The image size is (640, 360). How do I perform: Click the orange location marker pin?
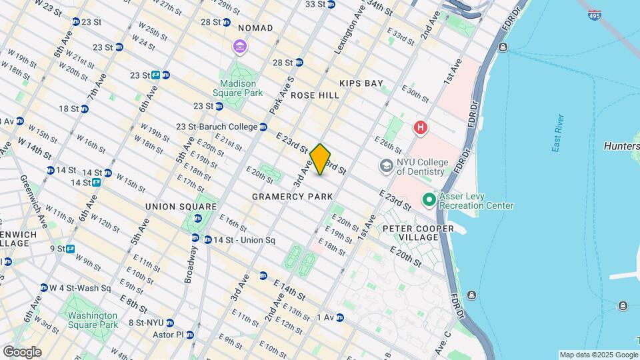(x=320, y=159)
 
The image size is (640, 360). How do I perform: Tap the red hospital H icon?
(x=421, y=127)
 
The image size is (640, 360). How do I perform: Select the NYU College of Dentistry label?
(x=420, y=166)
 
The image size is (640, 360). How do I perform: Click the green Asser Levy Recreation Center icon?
(x=429, y=199)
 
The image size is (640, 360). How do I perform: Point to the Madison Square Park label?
(x=239, y=89)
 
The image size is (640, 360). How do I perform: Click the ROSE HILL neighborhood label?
(x=315, y=95)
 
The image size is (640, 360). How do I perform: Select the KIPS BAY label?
(x=361, y=83)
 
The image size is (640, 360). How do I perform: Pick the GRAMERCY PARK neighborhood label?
(x=292, y=197)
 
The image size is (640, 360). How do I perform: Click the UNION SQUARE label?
(x=181, y=207)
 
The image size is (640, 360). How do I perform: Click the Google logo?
(x=22, y=351)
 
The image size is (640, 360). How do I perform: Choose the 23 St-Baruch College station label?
(x=216, y=127)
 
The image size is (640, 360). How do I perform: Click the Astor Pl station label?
(x=170, y=335)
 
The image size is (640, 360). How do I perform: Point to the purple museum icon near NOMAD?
(x=239, y=47)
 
